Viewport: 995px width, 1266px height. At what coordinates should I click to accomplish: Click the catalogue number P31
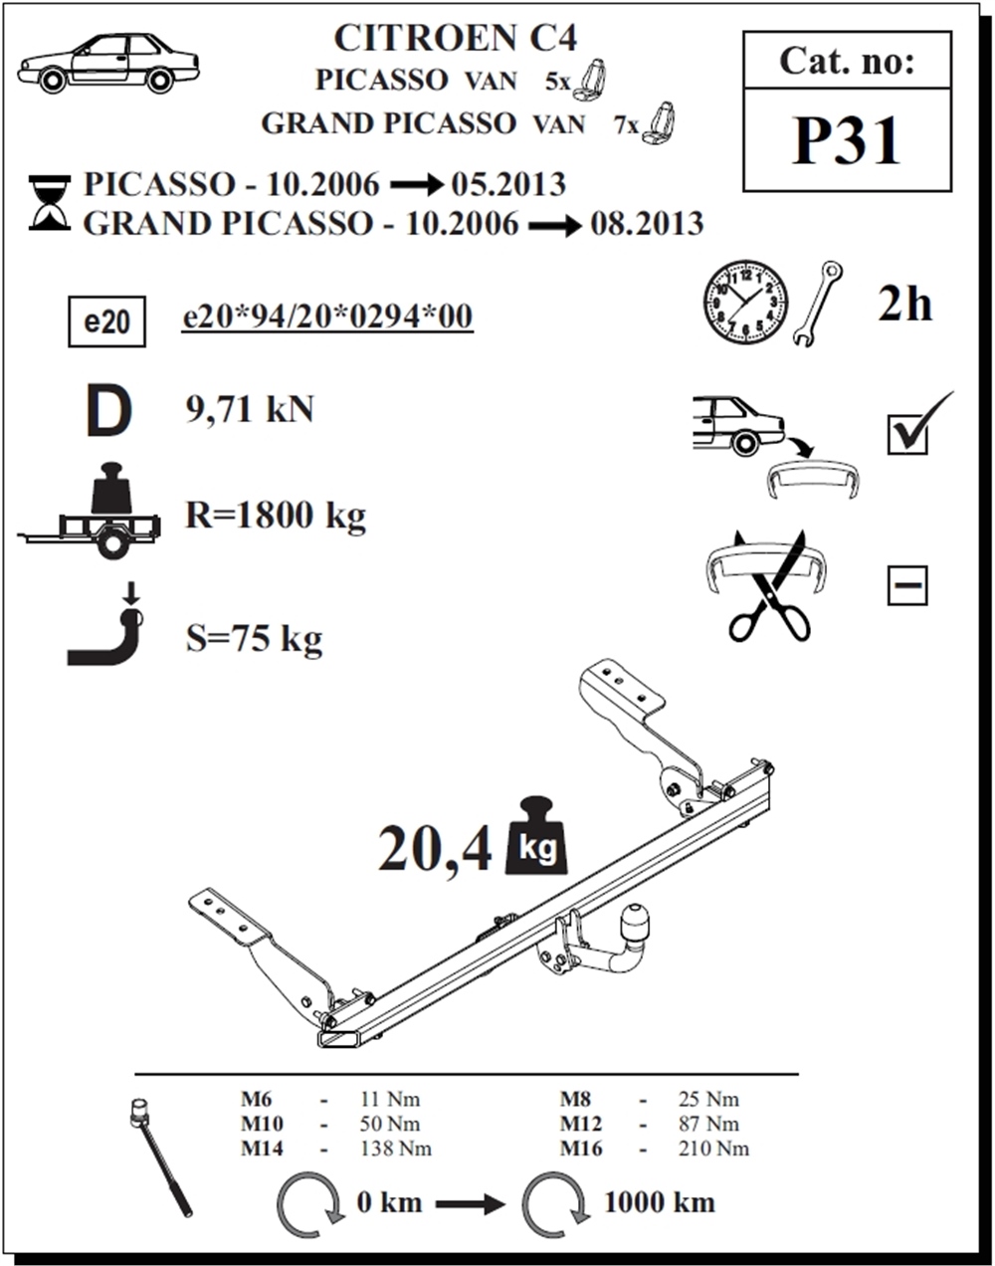click(x=848, y=141)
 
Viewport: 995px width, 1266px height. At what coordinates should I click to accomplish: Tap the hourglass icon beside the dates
click(x=50, y=202)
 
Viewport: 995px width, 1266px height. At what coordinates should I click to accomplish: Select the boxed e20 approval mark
click(x=107, y=321)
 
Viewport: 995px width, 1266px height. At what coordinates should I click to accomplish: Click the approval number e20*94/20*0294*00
click(x=327, y=316)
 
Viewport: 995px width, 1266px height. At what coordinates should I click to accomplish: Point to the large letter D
click(x=109, y=410)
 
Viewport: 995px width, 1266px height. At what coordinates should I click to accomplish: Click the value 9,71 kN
click(x=250, y=409)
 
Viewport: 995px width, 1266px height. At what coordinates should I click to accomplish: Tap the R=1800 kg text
click(x=276, y=516)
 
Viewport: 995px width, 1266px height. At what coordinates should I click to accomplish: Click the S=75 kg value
click(x=254, y=638)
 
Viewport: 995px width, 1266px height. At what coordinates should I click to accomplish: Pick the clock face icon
click(x=745, y=303)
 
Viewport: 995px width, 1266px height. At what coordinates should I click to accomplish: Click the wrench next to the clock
click(x=818, y=304)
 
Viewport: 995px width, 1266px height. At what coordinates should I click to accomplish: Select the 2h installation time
click(x=905, y=305)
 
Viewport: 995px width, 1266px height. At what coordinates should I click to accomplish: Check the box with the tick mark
click(x=907, y=435)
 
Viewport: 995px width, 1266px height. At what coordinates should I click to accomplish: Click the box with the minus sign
click(x=907, y=585)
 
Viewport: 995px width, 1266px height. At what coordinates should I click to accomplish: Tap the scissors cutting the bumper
click(x=768, y=587)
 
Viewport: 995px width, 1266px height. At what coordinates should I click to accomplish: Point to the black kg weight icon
click(x=537, y=835)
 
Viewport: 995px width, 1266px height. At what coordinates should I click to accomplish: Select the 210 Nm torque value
click(x=713, y=1149)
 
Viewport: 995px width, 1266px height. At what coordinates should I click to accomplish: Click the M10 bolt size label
click(x=262, y=1124)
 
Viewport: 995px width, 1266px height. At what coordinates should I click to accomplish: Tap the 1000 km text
click(x=660, y=1203)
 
